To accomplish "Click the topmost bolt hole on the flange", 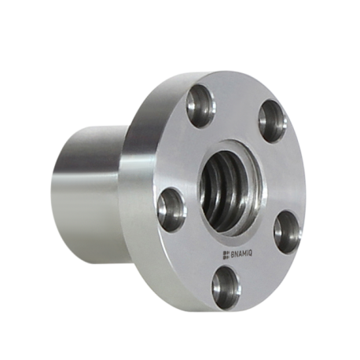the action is [201, 106].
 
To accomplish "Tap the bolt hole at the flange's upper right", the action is [273, 122].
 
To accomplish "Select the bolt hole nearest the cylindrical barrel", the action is [172, 210].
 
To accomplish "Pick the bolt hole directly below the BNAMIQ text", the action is [226, 288].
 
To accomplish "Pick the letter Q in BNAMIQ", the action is [251, 253].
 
